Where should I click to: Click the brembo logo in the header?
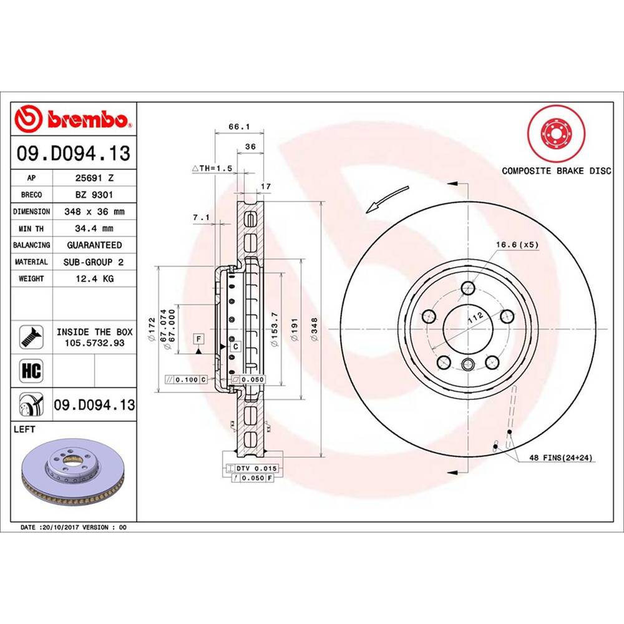(74, 118)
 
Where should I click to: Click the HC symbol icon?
(31, 371)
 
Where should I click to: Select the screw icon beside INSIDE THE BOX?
(31, 336)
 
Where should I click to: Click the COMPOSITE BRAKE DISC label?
(557, 171)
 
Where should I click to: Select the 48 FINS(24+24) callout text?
(560, 458)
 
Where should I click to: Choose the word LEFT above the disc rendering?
(24, 430)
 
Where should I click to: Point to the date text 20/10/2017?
(60, 527)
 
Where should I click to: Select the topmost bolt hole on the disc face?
(468, 288)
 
